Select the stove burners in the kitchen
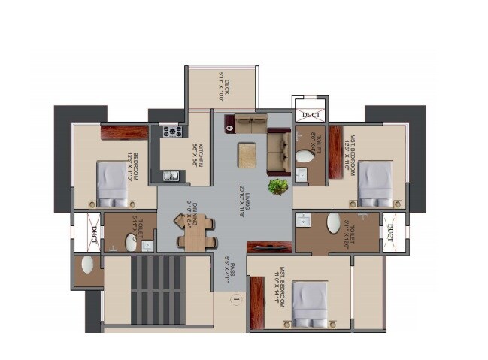170,132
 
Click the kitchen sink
171,177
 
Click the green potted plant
278,186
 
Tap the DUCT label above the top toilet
309,115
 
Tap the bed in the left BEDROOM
112,184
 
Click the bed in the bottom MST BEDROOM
310,304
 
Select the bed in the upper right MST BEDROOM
374,184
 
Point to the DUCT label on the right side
391,234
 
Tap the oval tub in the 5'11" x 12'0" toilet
333,223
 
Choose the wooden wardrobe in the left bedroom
124,132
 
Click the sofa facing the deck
250,123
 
